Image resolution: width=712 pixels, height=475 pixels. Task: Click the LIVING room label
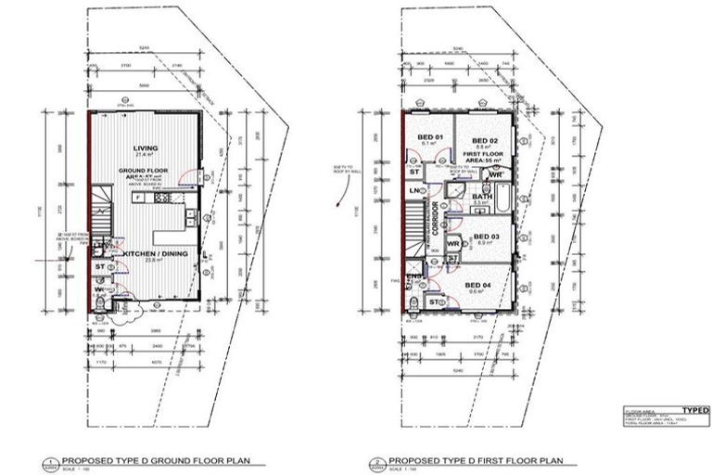(146, 148)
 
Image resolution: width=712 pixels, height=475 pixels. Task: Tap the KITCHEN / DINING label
(146, 253)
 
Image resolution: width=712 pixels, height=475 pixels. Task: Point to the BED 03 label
(486, 237)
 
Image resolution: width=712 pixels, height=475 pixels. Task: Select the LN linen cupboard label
(414, 191)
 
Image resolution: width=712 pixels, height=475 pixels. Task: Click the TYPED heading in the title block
(695, 410)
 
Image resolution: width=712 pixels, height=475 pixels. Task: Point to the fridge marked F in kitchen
(136, 197)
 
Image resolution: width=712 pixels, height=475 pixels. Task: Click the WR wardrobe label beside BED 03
(453, 244)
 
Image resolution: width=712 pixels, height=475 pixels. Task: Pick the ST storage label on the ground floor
(99, 268)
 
